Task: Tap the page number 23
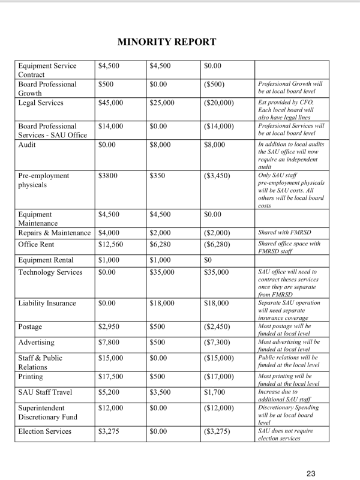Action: point(311,474)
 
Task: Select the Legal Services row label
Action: point(41,103)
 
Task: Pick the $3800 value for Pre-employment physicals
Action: point(109,176)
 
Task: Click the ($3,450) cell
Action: point(217,176)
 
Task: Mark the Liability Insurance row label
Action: point(47,303)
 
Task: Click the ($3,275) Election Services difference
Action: point(217,431)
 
